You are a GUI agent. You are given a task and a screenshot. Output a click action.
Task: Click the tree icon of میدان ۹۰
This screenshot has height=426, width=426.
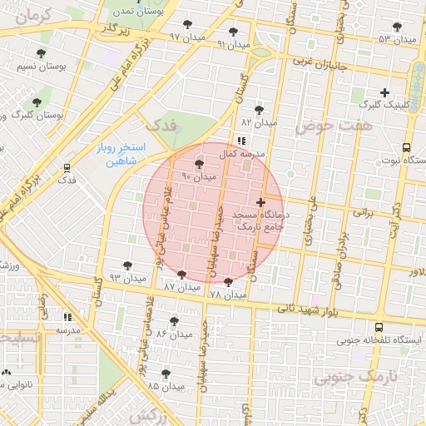coord(198,164)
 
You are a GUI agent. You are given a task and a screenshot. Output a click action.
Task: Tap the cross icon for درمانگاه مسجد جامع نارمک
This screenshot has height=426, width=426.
coord(261,202)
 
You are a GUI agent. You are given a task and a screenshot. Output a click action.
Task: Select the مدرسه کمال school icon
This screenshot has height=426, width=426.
coord(241,141)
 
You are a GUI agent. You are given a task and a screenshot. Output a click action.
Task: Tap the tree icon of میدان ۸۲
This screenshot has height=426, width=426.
coord(260,109)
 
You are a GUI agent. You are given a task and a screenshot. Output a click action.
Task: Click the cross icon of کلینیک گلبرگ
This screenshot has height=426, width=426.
coord(384,92)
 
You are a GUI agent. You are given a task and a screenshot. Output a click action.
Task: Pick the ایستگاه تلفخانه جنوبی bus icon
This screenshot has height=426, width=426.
coord(379,328)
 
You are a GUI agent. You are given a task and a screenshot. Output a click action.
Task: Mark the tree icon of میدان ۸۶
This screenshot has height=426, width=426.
coord(174,320)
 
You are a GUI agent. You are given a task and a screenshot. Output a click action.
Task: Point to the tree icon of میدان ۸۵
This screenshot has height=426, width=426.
coord(166,374)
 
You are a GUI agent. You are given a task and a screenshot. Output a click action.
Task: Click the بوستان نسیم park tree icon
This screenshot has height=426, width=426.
coord(41,54)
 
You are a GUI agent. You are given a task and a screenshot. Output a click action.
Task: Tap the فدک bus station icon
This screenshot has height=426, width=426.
coord(67,166)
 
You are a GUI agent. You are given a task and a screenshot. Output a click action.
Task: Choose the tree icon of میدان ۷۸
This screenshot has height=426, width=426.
coord(229,282)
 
